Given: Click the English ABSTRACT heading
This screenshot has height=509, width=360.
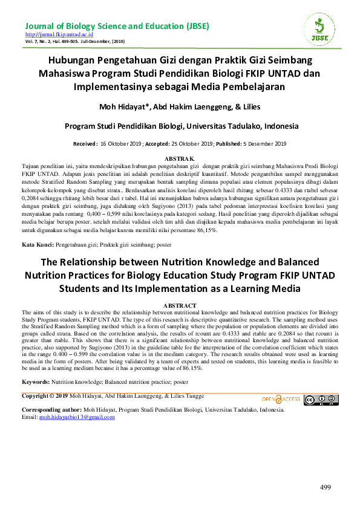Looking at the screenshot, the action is [x=180, y=306].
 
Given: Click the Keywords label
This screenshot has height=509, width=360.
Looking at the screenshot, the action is [x=36, y=383].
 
